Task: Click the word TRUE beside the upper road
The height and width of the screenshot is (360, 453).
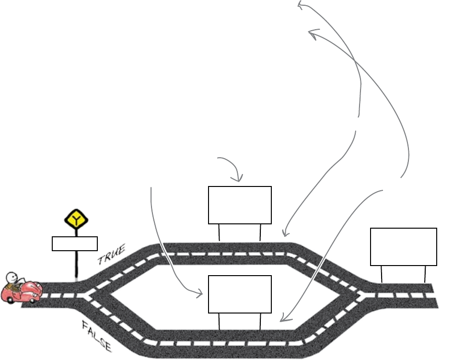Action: (111, 255)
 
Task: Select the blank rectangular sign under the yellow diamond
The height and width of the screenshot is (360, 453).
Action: (74, 244)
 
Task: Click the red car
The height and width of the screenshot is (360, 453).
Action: (22, 292)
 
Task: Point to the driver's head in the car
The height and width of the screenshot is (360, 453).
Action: (12, 278)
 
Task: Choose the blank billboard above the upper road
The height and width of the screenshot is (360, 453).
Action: (240, 205)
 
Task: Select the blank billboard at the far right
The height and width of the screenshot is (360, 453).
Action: (404, 246)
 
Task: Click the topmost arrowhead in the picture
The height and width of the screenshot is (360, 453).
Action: (300, 5)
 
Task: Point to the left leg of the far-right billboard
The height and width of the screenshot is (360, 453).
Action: (382, 274)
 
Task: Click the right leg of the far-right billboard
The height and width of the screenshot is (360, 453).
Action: (425, 274)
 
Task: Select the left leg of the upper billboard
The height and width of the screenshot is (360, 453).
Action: (219, 232)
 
